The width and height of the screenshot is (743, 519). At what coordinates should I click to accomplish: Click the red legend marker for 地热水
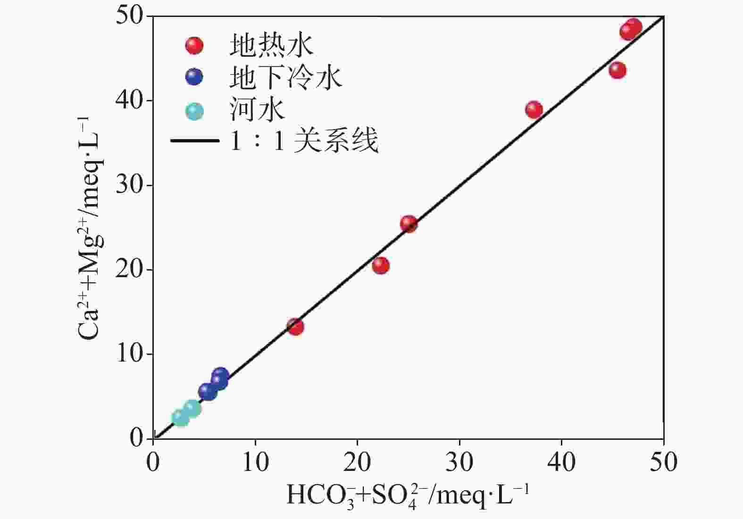click(x=194, y=46)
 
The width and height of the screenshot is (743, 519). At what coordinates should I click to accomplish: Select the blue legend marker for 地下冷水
click(x=194, y=77)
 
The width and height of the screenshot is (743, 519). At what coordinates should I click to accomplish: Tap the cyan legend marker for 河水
click(x=194, y=111)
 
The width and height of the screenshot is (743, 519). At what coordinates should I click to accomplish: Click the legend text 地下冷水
click(x=285, y=77)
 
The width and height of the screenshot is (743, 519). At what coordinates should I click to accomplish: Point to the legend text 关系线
click(x=335, y=140)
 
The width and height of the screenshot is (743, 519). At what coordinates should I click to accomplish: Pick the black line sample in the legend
click(x=194, y=140)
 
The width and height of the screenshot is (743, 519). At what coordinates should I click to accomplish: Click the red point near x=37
click(x=534, y=110)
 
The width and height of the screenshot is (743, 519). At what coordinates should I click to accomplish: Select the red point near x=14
click(x=295, y=327)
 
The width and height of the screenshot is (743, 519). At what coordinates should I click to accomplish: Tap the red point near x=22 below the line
click(x=381, y=265)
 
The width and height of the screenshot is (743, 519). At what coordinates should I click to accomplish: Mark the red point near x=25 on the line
click(x=409, y=224)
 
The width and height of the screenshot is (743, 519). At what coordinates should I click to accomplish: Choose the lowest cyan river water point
click(x=180, y=418)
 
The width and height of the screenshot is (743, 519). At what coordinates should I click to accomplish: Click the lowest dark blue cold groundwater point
click(x=207, y=391)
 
